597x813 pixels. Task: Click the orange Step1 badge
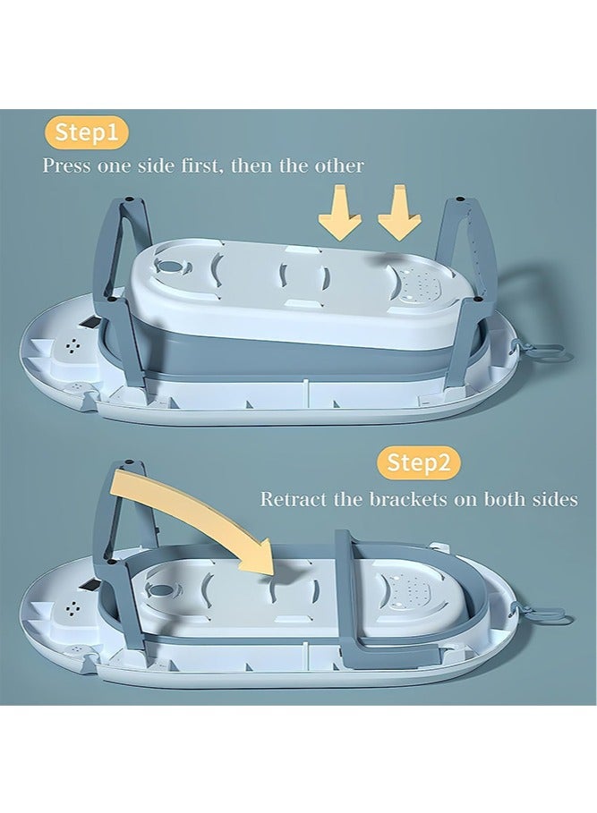click(86, 132)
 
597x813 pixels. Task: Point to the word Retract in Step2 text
click(294, 499)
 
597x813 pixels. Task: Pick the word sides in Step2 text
click(556, 499)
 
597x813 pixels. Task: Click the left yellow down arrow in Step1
click(340, 213)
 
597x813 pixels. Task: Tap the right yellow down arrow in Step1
click(399, 213)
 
